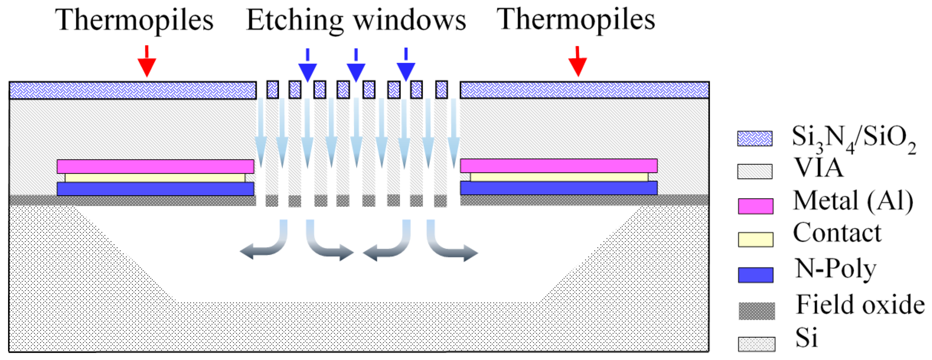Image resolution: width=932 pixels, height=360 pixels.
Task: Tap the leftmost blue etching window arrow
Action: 307,68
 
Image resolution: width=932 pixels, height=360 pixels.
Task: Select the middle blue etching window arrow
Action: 356,68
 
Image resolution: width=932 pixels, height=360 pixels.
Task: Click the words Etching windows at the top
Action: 356,20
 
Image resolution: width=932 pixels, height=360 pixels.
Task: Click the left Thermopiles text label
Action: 134,20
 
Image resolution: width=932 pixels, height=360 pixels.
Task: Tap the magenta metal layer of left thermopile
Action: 155,166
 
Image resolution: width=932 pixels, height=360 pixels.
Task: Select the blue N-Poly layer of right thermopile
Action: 559,188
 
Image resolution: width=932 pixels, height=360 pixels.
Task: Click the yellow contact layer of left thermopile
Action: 155,178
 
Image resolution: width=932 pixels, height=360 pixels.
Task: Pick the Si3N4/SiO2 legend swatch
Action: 755,138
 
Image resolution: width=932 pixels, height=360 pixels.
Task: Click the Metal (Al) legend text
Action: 853,201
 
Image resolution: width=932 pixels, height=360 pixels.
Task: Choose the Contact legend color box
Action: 755,239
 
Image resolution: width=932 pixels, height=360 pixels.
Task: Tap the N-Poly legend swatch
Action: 755,275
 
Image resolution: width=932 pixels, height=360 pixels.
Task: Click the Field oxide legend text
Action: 860,305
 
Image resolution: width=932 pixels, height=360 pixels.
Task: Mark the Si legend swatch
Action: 756,344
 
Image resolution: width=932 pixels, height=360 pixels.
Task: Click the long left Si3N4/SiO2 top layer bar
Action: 133,90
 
